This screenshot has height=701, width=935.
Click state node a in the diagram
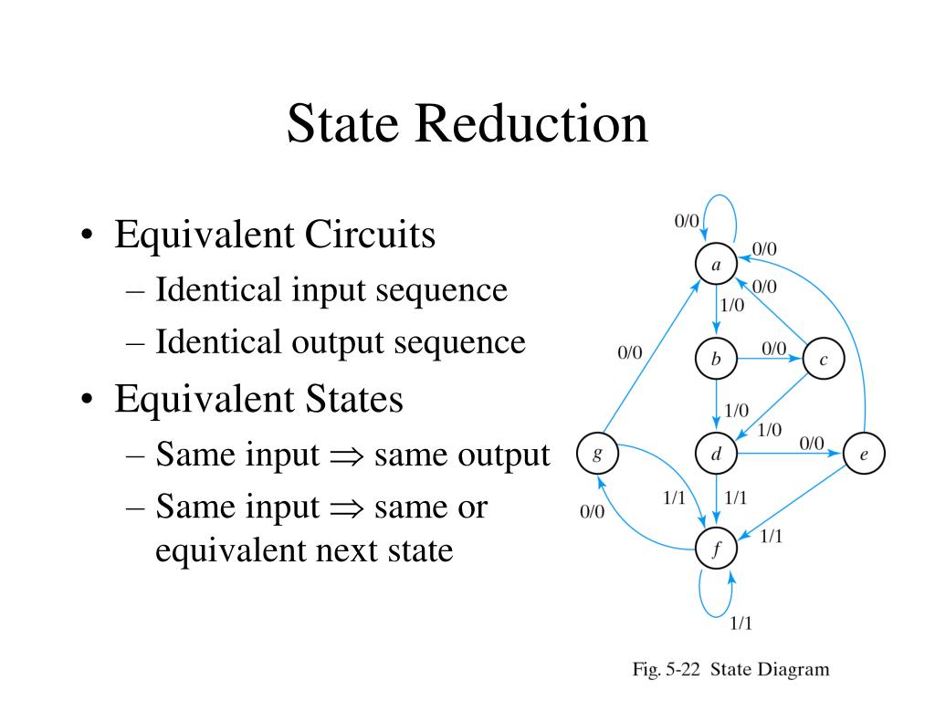pos(717,265)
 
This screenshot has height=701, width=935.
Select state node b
pos(716,359)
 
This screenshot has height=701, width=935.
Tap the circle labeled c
pos(824,360)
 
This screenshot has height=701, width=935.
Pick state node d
pos(716,453)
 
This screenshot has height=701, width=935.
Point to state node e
pos(864,454)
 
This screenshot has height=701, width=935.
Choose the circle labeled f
pos(717,549)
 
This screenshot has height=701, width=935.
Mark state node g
pos(597,454)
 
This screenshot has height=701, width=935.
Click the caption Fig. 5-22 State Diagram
pos(731,670)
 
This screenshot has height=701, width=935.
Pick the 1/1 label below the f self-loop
pos(741,624)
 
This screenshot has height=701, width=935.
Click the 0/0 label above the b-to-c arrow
pos(773,347)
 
